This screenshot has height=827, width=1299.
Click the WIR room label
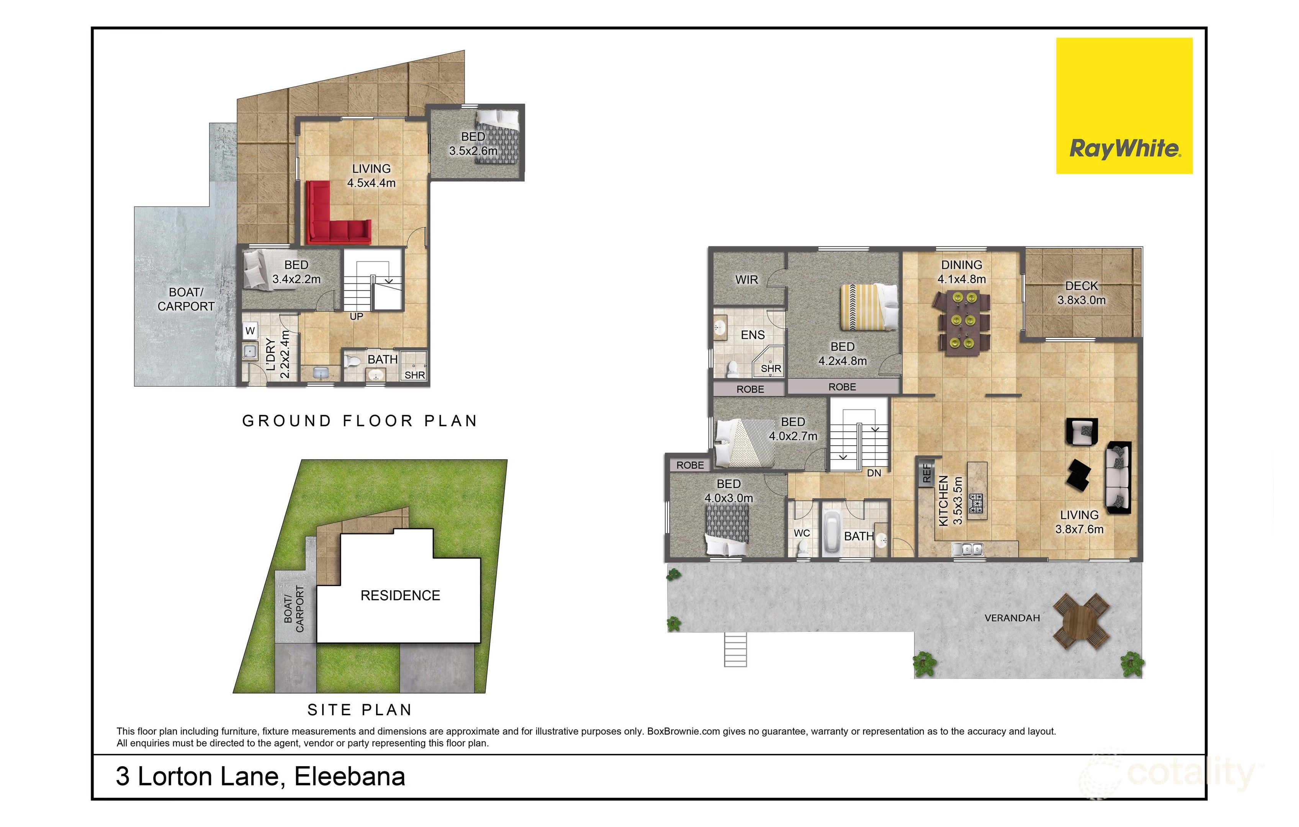(747, 279)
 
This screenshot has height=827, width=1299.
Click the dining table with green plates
(964, 322)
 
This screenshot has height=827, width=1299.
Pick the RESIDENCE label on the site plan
(400, 596)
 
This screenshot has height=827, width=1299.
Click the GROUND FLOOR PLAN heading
(360, 421)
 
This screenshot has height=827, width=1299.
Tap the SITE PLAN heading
(360, 710)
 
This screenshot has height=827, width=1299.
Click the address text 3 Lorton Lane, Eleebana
(260, 777)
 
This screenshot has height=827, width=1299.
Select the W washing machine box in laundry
(250, 331)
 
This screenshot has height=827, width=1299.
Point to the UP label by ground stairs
(356, 317)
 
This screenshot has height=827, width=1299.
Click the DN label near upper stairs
(874, 473)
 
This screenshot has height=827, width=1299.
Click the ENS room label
(753, 335)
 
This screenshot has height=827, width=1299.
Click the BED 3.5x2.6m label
(473, 144)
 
